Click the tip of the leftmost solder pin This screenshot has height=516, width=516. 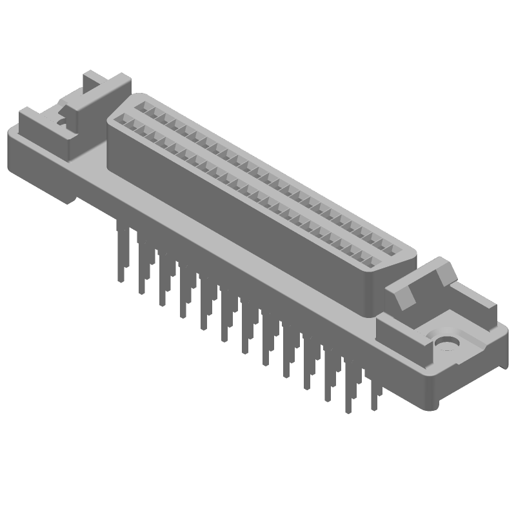pyautogui.click(x=121, y=279)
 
